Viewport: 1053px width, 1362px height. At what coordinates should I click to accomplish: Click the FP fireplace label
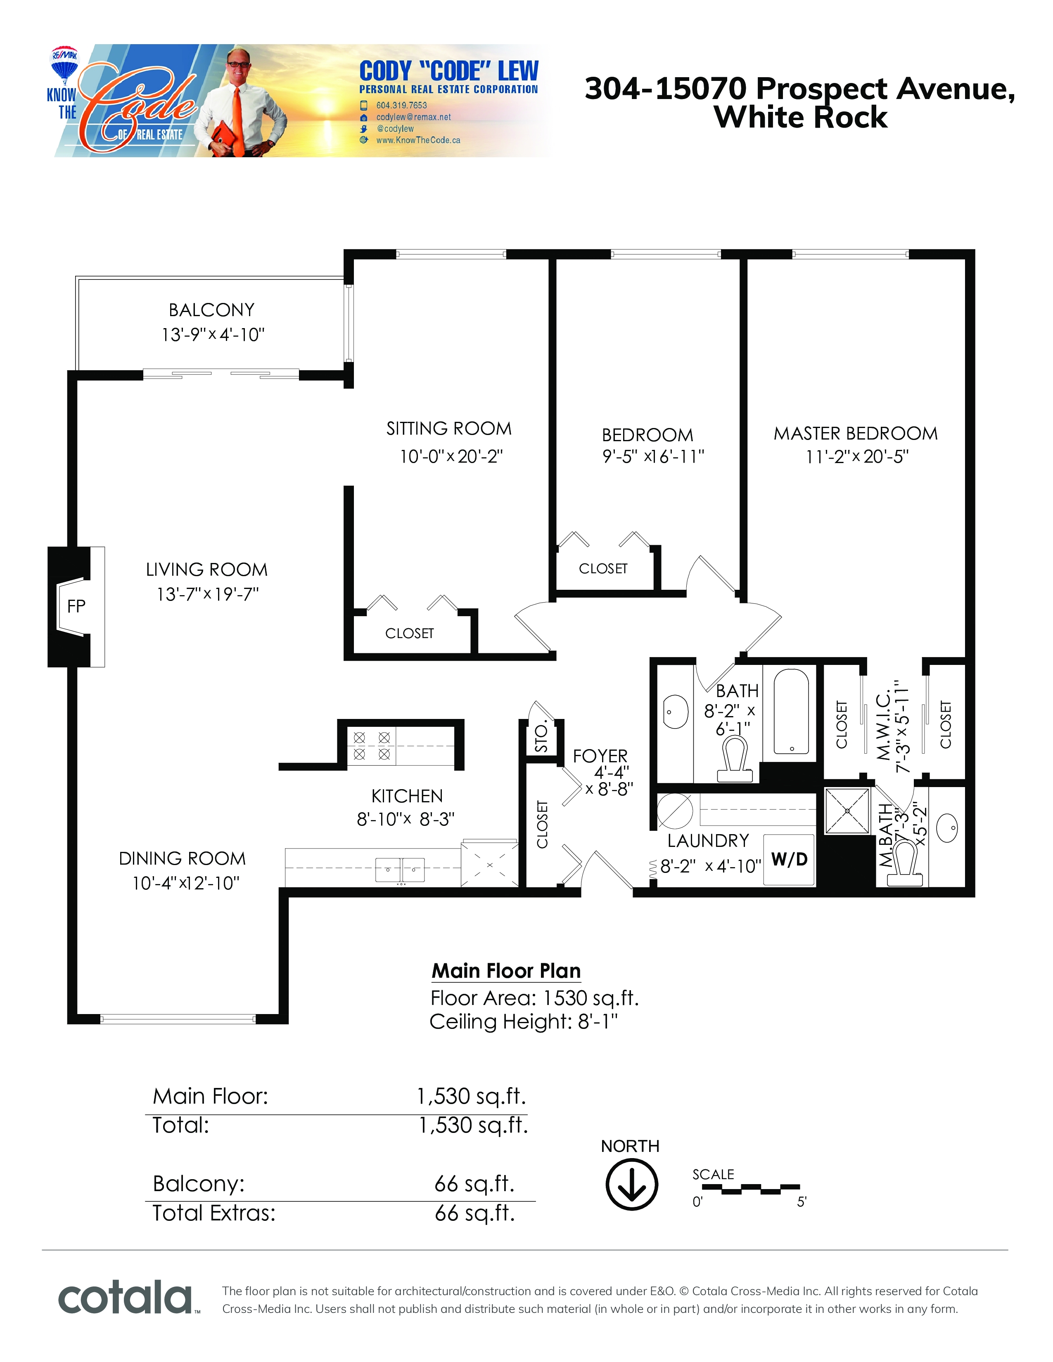pos(76,606)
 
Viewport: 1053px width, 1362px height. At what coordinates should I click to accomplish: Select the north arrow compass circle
pos(631,1184)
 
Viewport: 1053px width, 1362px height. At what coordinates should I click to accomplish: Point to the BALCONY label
pos(211,310)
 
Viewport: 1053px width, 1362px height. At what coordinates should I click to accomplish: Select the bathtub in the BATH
pos(791,712)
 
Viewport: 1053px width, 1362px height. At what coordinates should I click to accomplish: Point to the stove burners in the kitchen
pos(372,746)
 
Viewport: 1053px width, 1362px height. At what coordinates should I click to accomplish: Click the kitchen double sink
pos(400,869)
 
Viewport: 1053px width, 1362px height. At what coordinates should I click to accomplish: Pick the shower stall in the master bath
pos(847,810)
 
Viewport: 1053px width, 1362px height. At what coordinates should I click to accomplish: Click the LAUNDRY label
pos(708,841)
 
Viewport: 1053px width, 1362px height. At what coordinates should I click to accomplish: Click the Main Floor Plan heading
pos(506,971)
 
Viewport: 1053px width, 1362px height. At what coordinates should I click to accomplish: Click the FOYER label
pos(600,756)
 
